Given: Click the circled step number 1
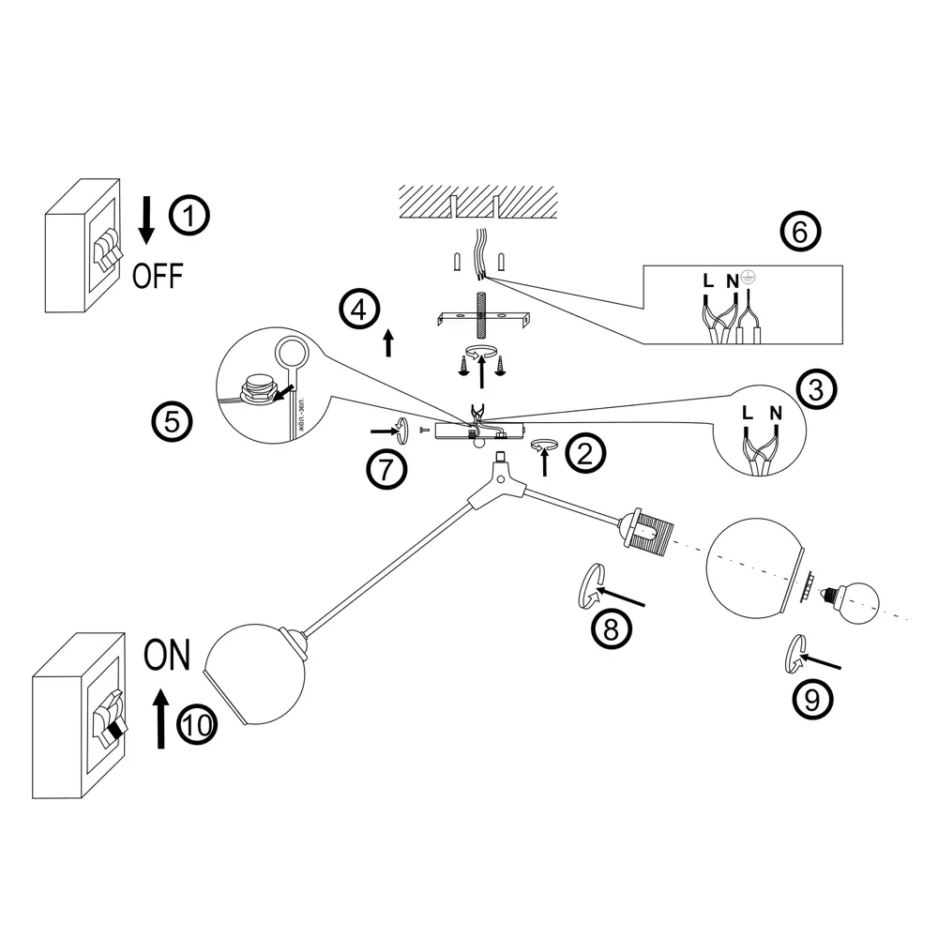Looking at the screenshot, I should [x=189, y=217].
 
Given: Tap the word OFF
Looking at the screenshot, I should [x=158, y=276].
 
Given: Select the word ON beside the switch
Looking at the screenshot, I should [x=167, y=655].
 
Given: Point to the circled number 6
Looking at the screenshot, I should [x=799, y=231].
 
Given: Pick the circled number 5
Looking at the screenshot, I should [x=172, y=421].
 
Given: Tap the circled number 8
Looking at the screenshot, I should [x=612, y=628].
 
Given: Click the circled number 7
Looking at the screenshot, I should [x=386, y=469].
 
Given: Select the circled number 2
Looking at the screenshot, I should [x=585, y=454].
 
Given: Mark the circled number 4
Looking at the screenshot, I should [x=359, y=310].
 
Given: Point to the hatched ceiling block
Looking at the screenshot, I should [x=479, y=199].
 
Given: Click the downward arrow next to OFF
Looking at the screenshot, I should [x=146, y=218].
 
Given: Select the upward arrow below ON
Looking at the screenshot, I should [x=160, y=717].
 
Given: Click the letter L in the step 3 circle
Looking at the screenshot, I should [x=747, y=413].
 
